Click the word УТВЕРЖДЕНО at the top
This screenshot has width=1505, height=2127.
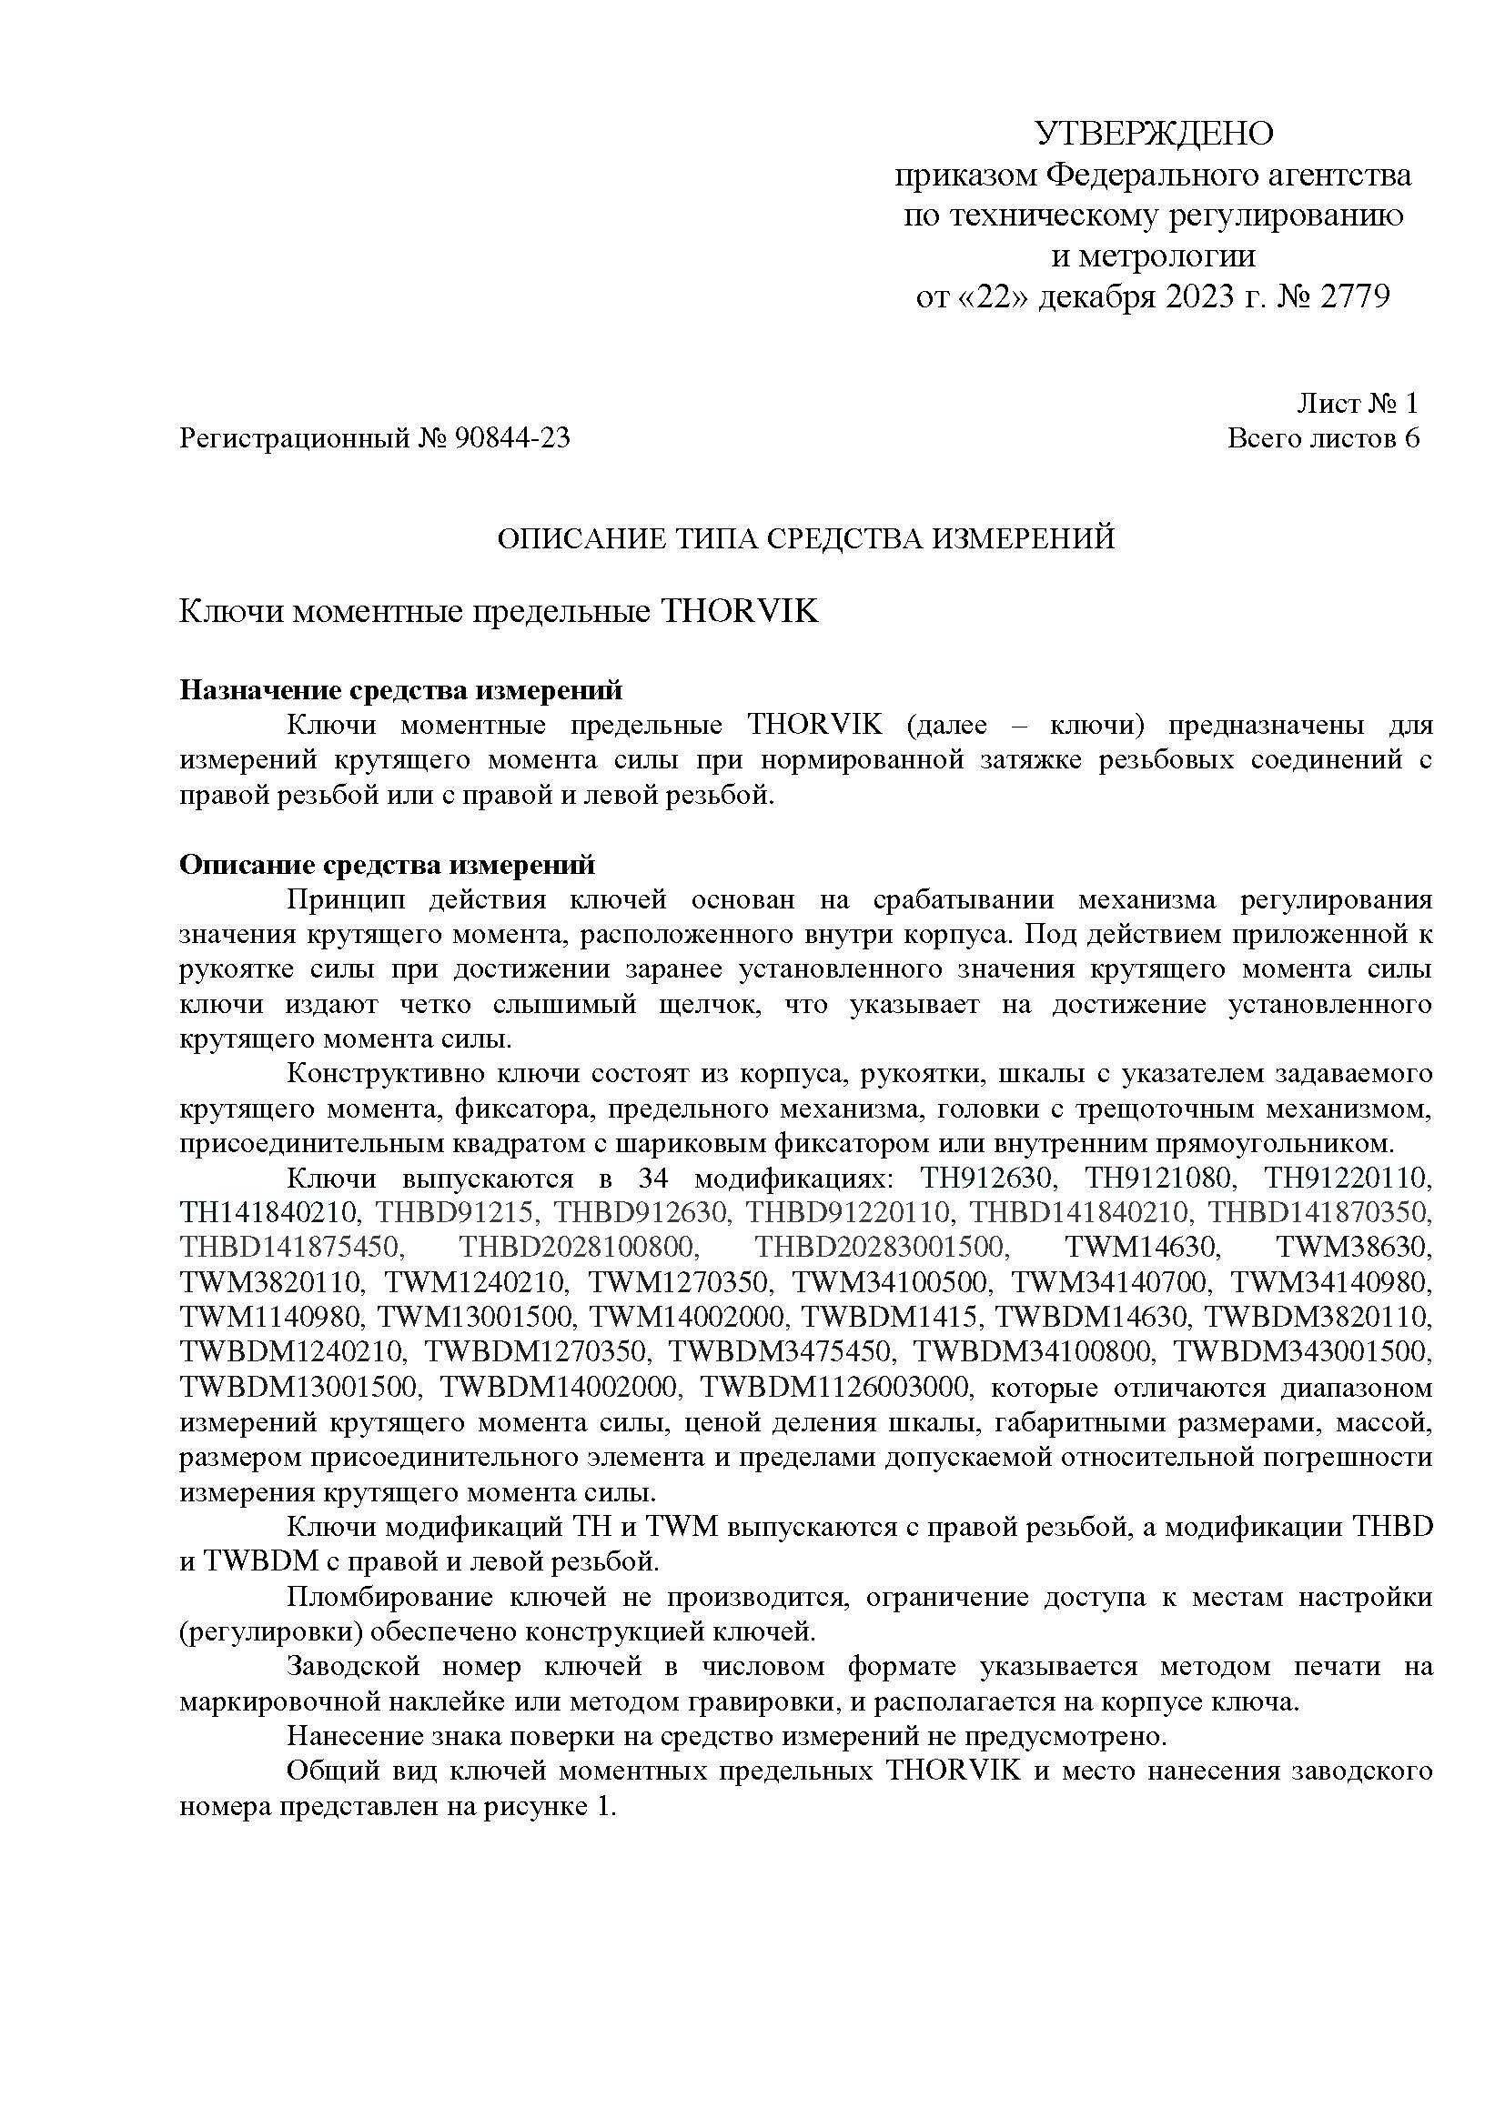[1153, 135]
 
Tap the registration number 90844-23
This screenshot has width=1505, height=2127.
[511, 438]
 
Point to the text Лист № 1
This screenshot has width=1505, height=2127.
[1357, 403]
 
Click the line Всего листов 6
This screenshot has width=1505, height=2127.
[1322, 438]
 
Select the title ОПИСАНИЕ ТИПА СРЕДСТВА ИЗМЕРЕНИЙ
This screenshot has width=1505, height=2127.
[805, 539]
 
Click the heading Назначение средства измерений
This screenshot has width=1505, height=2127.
[400, 690]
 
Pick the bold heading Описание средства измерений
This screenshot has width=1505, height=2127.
[387, 864]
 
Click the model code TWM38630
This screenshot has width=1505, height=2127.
[1354, 1248]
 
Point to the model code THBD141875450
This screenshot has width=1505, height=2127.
[292, 1248]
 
